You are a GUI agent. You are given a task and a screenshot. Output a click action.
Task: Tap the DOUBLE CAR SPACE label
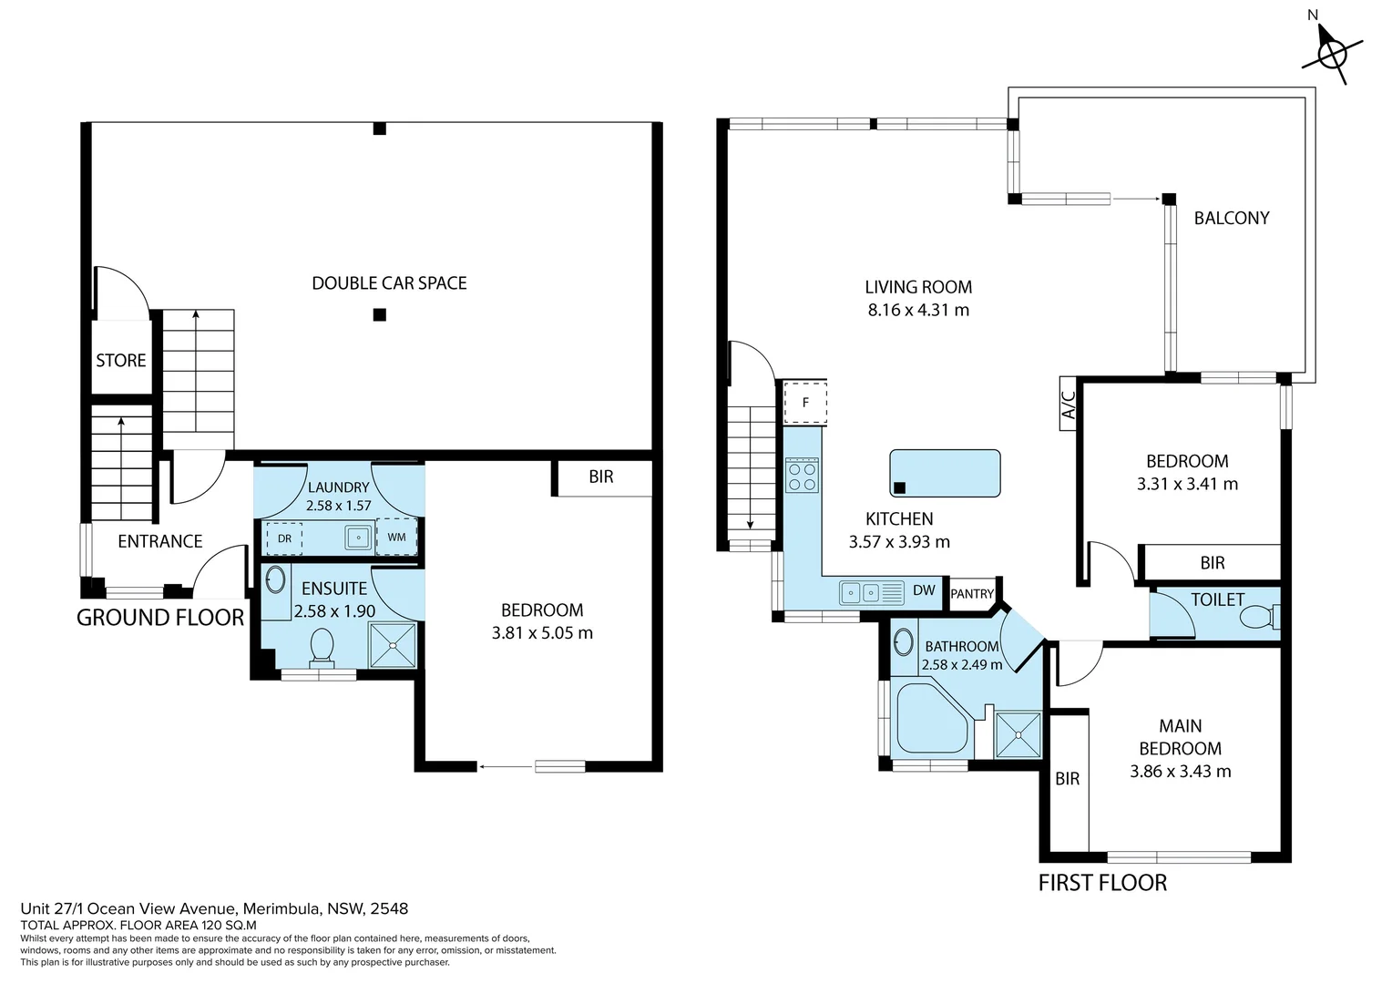(389, 283)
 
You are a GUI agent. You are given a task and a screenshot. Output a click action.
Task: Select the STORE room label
(121, 361)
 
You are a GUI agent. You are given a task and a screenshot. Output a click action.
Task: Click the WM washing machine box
(396, 538)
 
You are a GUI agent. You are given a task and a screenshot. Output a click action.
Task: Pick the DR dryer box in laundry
(283, 538)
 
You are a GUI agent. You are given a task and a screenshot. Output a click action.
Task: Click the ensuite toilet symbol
(322, 646)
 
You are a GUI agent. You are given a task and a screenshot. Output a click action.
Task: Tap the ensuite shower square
(394, 646)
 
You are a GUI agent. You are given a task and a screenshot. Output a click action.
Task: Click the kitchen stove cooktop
(803, 475)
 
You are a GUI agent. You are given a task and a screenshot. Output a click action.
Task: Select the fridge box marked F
(805, 402)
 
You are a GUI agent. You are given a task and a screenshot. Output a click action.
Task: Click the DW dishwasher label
(924, 590)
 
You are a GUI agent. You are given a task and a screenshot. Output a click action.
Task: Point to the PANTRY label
(972, 594)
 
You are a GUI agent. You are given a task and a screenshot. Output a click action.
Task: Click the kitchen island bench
(945, 473)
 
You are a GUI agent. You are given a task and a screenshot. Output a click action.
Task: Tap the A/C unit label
(1069, 403)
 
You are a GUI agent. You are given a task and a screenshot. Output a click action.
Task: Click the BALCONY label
(1231, 219)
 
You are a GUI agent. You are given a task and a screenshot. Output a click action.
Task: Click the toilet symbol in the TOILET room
(1259, 619)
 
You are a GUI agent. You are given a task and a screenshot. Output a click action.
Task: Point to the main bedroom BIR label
(1067, 779)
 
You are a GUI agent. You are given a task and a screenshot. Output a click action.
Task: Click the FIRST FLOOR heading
(1102, 883)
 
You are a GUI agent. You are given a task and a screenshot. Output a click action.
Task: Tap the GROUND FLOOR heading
(160, 618)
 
